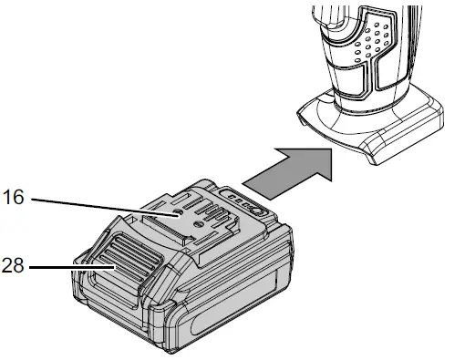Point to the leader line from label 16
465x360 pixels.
click(x=100, y=206)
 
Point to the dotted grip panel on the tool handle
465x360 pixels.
click(x=371, y=40)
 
